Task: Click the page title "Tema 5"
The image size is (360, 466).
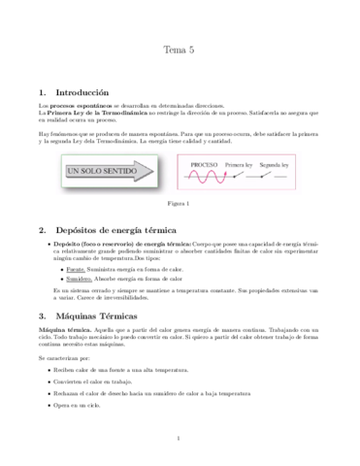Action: (180, 49)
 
